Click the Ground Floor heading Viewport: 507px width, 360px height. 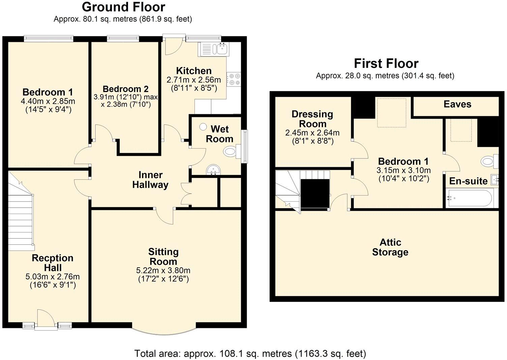coord(123,7)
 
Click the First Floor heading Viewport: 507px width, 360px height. coord(386,63)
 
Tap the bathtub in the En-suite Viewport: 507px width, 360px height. coord(470,198)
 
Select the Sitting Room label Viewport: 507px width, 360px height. coord(163,257)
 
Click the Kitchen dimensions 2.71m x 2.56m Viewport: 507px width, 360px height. coord(193,80)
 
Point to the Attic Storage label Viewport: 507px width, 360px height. coord(390,247)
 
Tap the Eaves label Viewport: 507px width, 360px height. coord(457,104)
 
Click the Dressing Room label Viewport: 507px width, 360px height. coord(312,119)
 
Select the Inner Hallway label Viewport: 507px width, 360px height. coord(150,180)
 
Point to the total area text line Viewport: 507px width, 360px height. coord(250,354)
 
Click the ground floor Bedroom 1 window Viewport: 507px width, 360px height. coord(49,39)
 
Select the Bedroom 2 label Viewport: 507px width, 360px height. coord(125,89)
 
